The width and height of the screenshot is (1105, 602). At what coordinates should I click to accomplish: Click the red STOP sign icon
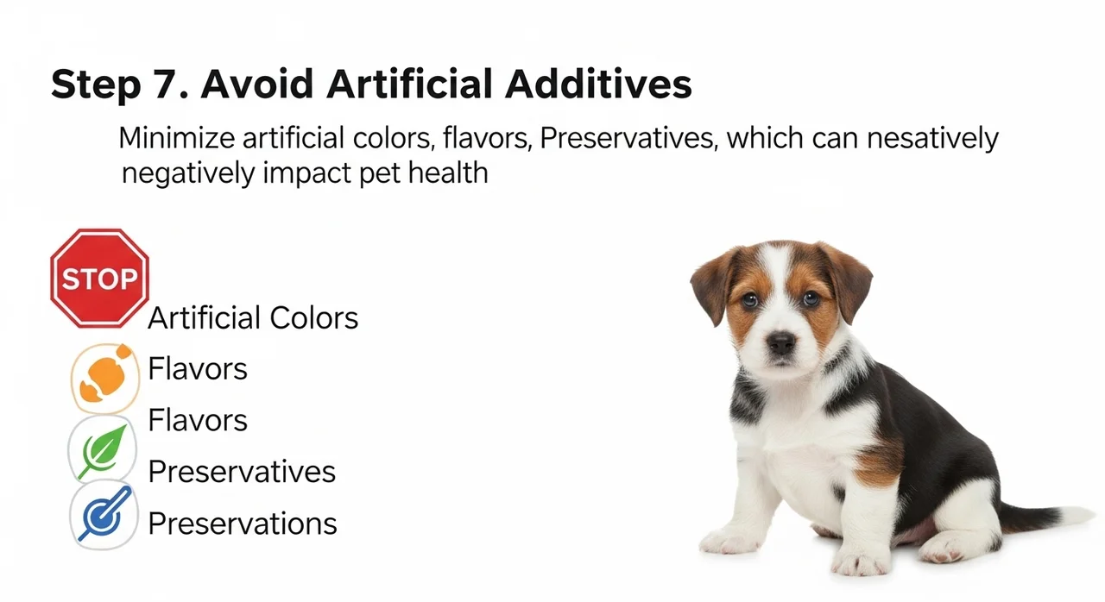[x=99, y=279]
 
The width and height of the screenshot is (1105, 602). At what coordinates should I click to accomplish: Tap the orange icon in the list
[x=104, y=379]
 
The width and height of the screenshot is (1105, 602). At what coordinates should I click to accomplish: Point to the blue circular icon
[x=104, y=516]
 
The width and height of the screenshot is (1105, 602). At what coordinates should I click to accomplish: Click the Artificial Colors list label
[x=253, y=317]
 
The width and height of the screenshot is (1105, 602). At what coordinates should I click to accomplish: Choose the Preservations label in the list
[x=243, y=524]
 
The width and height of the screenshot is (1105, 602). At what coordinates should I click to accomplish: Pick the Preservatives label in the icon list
[x=242, y=472]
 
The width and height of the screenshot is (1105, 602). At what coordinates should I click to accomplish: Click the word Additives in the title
[x=598, y=84]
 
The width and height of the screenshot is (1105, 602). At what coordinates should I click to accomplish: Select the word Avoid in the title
[x=257, y=84]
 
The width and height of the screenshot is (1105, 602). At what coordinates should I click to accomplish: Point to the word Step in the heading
[x=96, y=85]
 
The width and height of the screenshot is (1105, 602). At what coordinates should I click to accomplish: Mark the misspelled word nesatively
[x=933, y=139]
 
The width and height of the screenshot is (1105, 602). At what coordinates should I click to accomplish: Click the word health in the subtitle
[x=448, y=172]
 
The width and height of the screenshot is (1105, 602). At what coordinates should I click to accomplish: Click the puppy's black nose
[x=782, y=342]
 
